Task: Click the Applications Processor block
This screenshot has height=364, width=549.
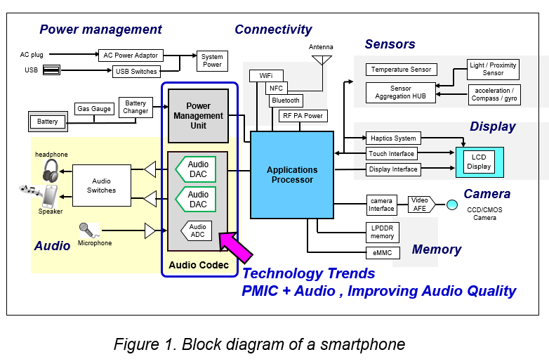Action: pyautogui.click(x=292, y=174)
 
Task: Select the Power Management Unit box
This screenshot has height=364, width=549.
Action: pyautogui.click(x=198, y=116)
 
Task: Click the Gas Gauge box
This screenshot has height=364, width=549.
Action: pyautogui.click(x=94, y=109)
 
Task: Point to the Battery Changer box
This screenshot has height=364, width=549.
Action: pyautogui.click(x=135, y=107)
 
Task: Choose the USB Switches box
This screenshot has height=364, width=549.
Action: pyautogui.click(x=135, y=71)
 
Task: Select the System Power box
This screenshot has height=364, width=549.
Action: pyautogui.click(x=212, y=61)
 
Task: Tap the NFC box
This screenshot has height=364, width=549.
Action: pyautogui.click(x=275, y=89)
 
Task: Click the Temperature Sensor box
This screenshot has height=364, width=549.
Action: pyautogui.click(x=401, y=70)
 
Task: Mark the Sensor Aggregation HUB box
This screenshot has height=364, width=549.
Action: pyautogui.click(x=401, y=93)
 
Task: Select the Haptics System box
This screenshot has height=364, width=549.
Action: pyautogui.click(x=393, y=138)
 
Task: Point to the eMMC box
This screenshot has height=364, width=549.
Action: pyautogui.click(x=383, y=252)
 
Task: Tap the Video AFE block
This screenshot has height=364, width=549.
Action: pyautogui.click(x=421, y=204)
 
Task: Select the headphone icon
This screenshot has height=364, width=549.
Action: pyautogui.click(x=51, y=171)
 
